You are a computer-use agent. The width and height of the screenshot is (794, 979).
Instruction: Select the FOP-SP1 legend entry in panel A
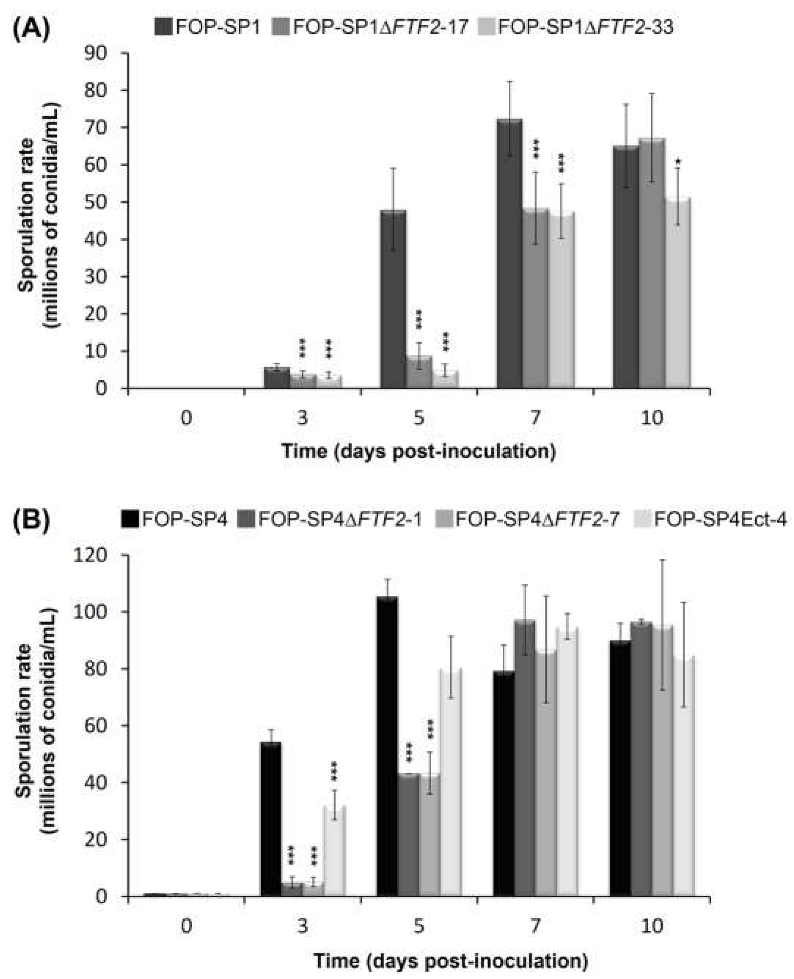point(208,27)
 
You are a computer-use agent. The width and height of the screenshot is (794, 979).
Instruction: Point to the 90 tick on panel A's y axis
point(107,53)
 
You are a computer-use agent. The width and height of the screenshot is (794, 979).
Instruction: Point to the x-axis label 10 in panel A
point(652,418)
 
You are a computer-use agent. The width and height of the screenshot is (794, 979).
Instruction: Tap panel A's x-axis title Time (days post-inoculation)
point(419,451)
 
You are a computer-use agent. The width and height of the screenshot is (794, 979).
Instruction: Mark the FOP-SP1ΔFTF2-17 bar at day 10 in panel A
point(652,263)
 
